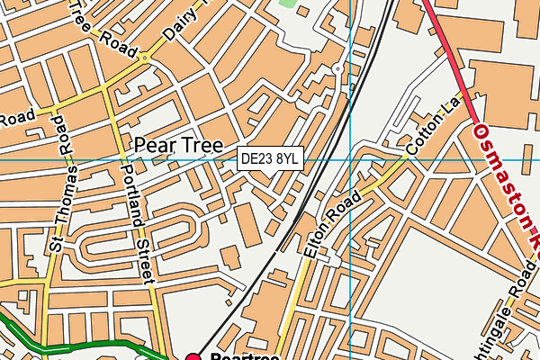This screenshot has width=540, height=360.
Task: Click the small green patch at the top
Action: coord(287,4)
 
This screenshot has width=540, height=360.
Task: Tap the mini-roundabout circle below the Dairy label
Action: coord(144,57)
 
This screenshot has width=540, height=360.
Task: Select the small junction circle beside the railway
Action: coord(337,68)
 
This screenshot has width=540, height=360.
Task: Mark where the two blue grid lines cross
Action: coord(349,159)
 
